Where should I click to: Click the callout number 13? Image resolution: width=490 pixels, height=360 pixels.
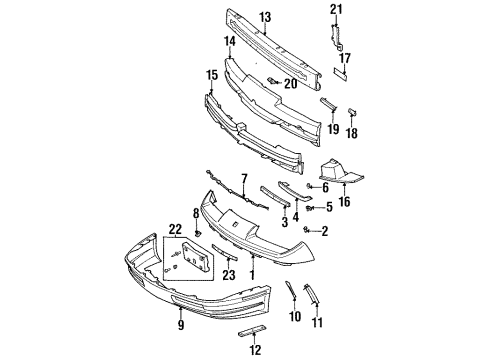[x=266, y=17]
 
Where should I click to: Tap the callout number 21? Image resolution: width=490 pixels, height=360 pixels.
[x=336, y=9]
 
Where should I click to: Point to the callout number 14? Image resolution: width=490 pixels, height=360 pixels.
[x=230, y=42]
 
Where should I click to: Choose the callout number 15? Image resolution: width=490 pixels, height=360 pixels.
[x=210, y=75]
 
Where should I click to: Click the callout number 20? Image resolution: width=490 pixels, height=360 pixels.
[x=291, y=84]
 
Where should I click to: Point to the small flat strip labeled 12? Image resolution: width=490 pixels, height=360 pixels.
[x=255, y=330]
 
